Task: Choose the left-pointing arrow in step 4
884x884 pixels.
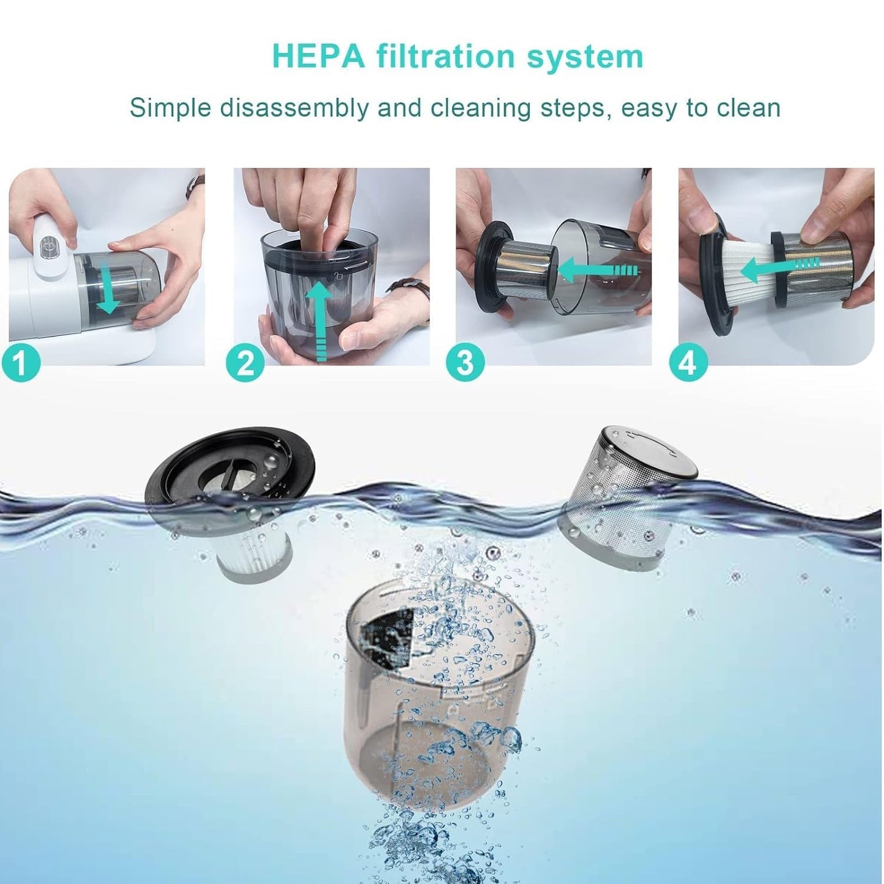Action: click(x=777, y=265)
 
